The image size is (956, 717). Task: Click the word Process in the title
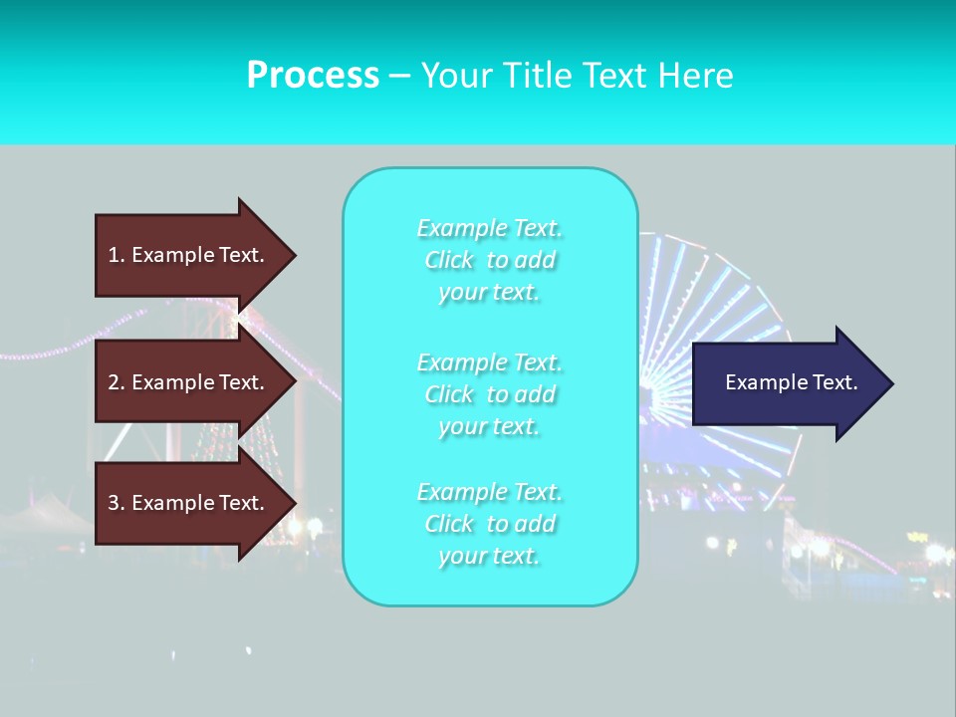(x=313, y=76)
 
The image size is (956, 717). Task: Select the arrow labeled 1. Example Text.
(x=189, y=255)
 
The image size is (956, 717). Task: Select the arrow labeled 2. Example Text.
(x=189, y=382)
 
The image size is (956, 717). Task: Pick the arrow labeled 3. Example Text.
(x=189, y=503)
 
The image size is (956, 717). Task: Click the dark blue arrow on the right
(x=787, y=382)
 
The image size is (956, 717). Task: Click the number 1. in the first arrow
(x=117, y=255)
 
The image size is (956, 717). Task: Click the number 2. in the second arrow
(x=117, y=382)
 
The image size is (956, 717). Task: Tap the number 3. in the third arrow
(x=117, y=503)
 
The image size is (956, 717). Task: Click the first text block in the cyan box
(x=490, y=260)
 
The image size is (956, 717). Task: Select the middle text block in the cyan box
(x=490, y=394)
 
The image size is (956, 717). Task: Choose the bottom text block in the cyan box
(x=490, y=524)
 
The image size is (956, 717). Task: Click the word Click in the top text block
(x=449, y=261)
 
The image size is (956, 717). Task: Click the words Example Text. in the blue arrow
(x=791, y=382)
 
